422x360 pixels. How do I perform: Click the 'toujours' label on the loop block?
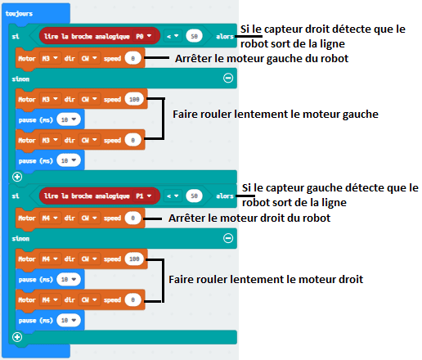coord(19,13)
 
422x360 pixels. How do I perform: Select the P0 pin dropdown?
coord(144,36)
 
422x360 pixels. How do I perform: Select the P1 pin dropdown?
coord(144,196)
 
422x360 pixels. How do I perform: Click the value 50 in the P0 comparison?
coord(194,36)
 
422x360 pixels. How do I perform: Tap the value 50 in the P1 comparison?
coord(194,196)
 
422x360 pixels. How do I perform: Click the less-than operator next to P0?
coord(173,36)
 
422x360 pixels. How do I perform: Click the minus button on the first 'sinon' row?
coord(228,79)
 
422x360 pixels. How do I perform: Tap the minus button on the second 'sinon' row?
coord(228,238)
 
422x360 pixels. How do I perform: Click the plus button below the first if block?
coord(17,177)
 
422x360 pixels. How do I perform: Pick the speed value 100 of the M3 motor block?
coord(134,99)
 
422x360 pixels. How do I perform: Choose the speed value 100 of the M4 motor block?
coord(134,259)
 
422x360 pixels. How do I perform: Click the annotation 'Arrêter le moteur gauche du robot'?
coord(262,59)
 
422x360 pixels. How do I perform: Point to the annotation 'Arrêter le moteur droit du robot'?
coord(249,218)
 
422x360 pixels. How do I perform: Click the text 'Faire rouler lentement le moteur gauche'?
coord(276,115)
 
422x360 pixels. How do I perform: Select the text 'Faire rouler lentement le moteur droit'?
coord(266,280)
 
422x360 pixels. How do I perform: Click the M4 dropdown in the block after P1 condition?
coord(50,218)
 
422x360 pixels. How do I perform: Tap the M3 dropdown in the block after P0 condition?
coord(50,58)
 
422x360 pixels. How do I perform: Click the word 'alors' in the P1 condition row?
coord(225,196)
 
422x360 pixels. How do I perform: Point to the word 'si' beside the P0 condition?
coord(16,36)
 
